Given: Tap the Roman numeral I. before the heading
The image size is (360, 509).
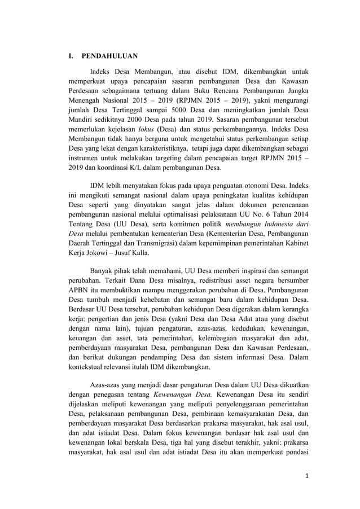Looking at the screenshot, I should [71, 57].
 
